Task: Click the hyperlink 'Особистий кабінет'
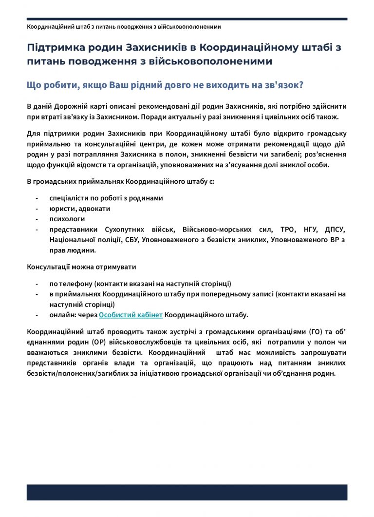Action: [x=131, y=315]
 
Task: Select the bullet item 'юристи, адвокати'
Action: [x=79, y=209]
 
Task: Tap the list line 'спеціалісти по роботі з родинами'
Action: [x=106, y=198]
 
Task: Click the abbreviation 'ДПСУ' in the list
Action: [x=335, y=230]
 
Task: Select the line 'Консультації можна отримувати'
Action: [x=82, y=267]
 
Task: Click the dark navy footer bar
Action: [x=187, y=492]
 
